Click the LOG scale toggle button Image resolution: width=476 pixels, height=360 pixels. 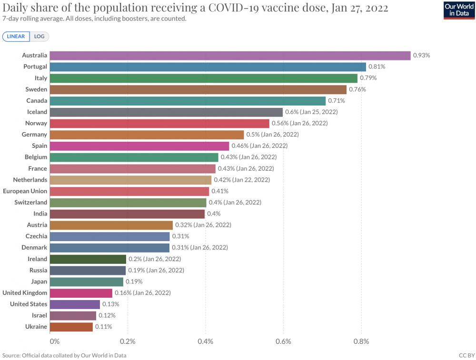click(x=39, y=37)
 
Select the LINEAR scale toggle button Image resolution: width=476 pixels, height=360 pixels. click(x=16, y=37)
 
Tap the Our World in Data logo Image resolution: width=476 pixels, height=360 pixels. click(x=459, y=10)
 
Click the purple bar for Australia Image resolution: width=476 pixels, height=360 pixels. click(x=230, y=56)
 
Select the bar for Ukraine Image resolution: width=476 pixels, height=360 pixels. click(x=71, y=327)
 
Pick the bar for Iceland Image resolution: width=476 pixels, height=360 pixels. click(x=166, y=112)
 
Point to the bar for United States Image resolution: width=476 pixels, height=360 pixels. click(x=75, y=304)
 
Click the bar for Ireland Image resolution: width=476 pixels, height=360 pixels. click(x=88, y=259)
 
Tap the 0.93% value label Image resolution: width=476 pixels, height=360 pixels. click(x=421, y=56)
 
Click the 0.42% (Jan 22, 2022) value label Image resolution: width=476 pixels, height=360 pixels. click(x=242, y=180)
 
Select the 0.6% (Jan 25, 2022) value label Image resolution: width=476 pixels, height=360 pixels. click(x=311, y=112)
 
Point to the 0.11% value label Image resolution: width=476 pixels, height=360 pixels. click(x=103, y=327)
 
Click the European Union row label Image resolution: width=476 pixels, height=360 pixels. click(x=25, y=191)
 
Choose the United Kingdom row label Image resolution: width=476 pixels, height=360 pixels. click(x=25, y=293)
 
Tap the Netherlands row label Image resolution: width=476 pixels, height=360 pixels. click(x=30, y=180)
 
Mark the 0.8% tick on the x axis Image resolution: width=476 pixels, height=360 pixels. click(x=361, y=341)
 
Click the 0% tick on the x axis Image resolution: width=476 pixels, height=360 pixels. click(x=55, y=341)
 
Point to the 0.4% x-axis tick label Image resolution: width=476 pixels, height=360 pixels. click(x=206, y=341)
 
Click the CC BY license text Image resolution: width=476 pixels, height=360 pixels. click(x=466, y=355)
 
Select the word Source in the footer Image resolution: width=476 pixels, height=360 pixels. click(x=11, y=355)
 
